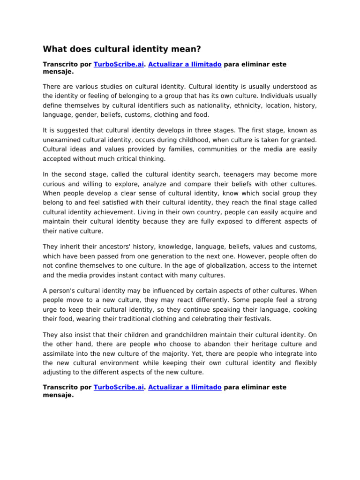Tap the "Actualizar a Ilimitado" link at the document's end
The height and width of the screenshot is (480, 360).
185,388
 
